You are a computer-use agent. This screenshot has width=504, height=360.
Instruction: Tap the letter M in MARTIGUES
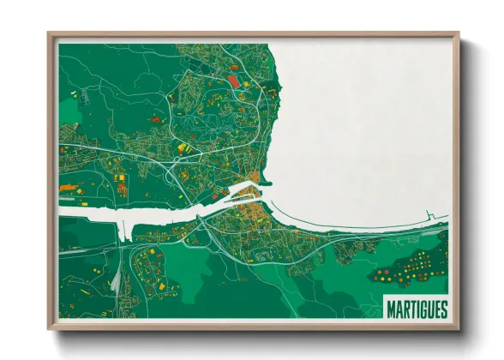coord(391,306)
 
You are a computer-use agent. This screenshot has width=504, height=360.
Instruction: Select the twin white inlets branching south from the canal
coord(125,230)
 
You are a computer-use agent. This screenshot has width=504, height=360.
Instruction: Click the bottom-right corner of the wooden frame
coord(458,328)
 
